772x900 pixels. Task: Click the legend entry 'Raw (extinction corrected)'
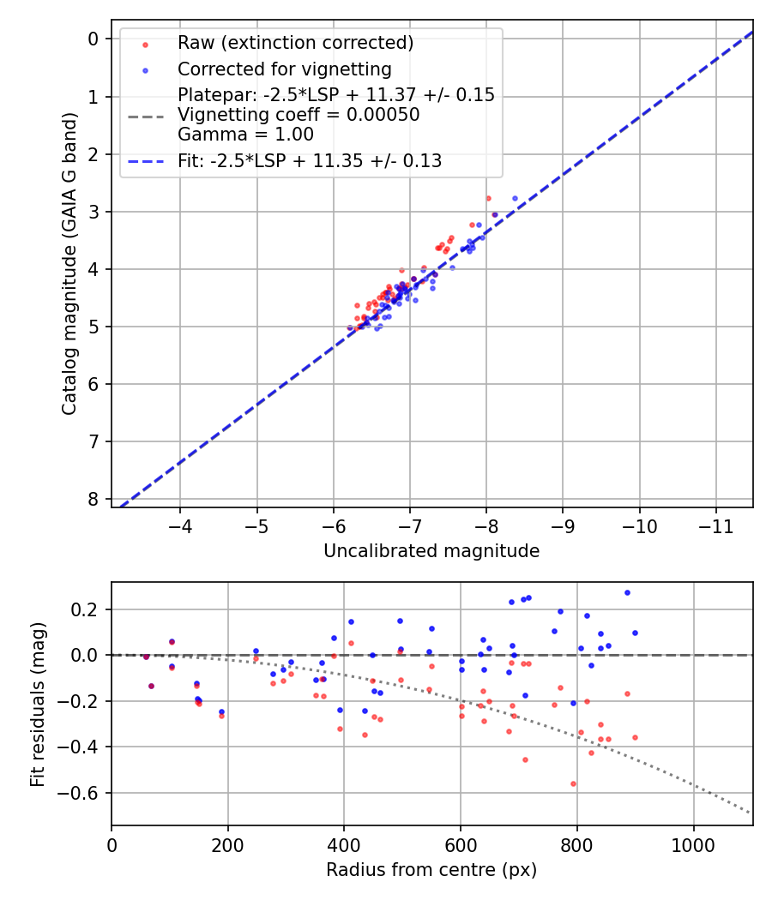click(x=295, y=43)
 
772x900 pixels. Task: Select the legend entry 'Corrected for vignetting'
click(x=284, y=69)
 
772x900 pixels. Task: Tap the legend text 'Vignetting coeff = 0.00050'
click(x=299, y=115)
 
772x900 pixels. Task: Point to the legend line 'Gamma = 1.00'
click(x=245, y=135)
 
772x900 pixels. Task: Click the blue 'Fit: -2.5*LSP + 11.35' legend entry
click(x=310, y=160)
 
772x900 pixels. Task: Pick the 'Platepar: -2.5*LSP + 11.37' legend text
click(x=336, y=94)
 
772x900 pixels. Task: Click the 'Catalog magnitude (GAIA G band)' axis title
click(x=69, y=264)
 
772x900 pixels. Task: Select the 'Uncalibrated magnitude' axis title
click(x=431, y=551)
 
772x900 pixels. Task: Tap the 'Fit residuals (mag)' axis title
click(x=38, y=704)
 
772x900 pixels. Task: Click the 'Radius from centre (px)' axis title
click(x=431, y=870)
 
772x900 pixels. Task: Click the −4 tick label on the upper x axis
click(x=180, y=524)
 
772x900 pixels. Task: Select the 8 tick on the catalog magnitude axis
click(x=93, y=499)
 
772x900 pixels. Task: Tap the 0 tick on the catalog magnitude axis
click(x=93, y=39)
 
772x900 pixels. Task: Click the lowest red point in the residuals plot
click(x=573, y=783)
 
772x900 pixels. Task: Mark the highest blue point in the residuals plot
click(x=627, y=592)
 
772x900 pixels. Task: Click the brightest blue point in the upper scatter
click(x=515, y=198)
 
